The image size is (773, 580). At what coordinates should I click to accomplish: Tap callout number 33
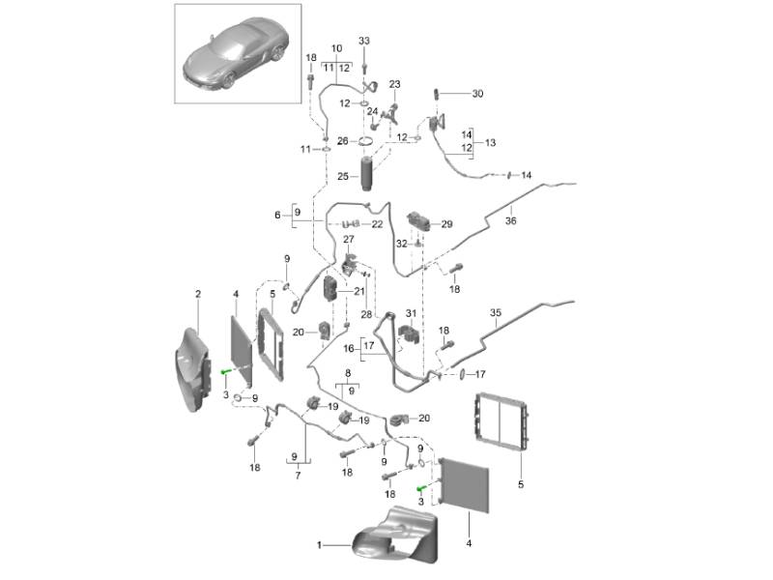coord(364,41)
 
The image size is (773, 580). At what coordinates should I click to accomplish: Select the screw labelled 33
coord(364,66)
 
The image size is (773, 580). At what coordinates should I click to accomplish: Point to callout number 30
coord(477,94)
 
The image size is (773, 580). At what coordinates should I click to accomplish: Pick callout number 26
coord(342,141)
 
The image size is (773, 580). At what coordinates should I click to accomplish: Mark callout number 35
coord(496,313)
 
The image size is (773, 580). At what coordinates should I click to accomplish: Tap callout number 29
coord(446,224)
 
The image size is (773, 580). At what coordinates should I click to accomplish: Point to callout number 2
coord(198,293)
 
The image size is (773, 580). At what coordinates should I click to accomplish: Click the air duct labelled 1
coord(391,536)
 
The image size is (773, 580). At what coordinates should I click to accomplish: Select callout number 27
coord(349,239)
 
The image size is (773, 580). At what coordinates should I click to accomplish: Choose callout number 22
coord(377,223)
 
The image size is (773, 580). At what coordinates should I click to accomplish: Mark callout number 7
coord(299,475)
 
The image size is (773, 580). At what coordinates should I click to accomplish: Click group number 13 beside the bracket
coord(490,142)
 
